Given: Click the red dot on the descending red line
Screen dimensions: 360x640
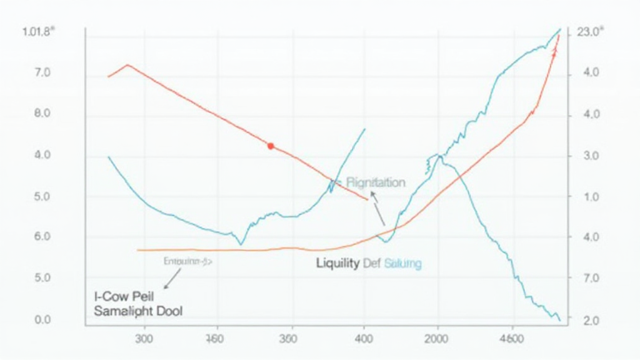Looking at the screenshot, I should pyautogui.click(x=271, y=146).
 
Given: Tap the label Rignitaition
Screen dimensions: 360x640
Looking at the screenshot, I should pyautogui.click(x=376, y=182).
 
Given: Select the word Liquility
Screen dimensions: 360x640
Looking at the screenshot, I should pyautogui.click(x=337, y=264).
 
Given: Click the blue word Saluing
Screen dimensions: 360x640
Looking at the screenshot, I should pyautogui.click(x=402, y=264).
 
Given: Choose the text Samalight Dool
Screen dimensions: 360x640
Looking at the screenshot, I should pyautogui.click(x=138, y=311).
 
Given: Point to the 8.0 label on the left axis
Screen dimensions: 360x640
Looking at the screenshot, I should pyautogui.click(x=43, y=114).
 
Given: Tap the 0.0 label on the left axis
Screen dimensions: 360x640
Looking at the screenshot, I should pyautogui.click(x=43, y=321).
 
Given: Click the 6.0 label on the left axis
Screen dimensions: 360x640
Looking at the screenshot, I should pyautogui.click(x=43, y=237).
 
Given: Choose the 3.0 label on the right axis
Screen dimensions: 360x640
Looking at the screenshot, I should pyautogui.click(x=591, y=156).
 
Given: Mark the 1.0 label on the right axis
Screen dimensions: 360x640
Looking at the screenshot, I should pyautogui.click(x=591, y=197).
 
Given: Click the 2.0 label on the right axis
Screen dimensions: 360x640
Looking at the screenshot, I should pyautogui.click(x=591, y=321).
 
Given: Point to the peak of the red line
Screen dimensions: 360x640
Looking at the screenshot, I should pyautogui.click(x=127, y=64).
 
